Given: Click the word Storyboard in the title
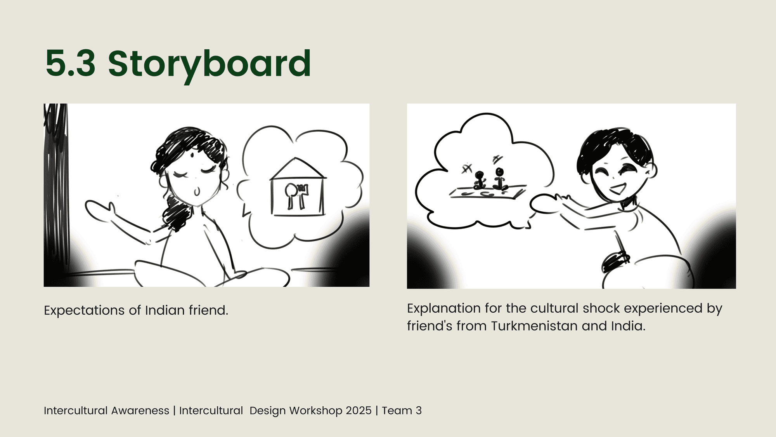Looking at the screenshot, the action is tap(210, 64).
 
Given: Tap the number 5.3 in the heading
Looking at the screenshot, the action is tap(70, 63).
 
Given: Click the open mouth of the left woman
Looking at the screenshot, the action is tap(197, 192).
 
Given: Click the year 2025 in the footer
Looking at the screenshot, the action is tap(359, 411).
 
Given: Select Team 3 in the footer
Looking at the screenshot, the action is tap(402, 411).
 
